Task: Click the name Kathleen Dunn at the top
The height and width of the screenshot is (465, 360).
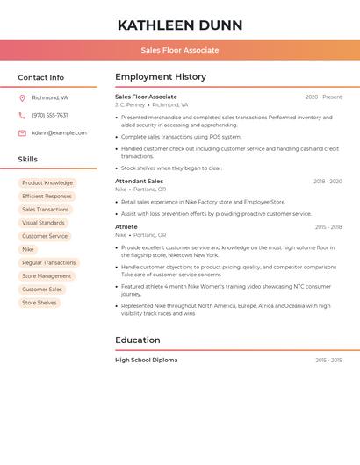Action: pos(180,25)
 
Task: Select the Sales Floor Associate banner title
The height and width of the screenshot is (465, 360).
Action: pos(180,50)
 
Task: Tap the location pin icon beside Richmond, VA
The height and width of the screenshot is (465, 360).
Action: pos(22,97)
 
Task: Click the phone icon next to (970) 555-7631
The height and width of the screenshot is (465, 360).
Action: pos(22,115)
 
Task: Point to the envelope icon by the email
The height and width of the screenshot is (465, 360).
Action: pos(22,132)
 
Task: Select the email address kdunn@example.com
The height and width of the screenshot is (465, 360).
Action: pos(59,132)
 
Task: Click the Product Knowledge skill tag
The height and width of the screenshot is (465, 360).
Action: pos(47,183)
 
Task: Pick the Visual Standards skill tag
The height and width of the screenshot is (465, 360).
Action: pos(43,223)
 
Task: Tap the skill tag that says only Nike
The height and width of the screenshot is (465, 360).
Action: pos(28,249)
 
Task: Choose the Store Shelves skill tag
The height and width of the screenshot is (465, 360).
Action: pos(40,303)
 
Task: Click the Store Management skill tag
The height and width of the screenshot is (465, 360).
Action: pos(47,275)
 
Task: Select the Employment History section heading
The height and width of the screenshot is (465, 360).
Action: pos(161,77)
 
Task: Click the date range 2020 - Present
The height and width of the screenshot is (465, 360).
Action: pos(323,97)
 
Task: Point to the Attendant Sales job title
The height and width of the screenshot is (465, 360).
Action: pos(139,181)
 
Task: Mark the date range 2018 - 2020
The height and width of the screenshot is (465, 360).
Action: pos(328,181)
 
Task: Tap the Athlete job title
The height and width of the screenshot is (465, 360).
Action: pos(126,226)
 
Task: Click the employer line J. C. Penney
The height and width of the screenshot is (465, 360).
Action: pos(130,105)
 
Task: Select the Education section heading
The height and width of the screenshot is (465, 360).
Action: pos(137,340)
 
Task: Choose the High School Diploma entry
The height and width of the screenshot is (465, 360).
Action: pos(146,360)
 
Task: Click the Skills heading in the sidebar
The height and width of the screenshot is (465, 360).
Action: pos(28,159)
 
